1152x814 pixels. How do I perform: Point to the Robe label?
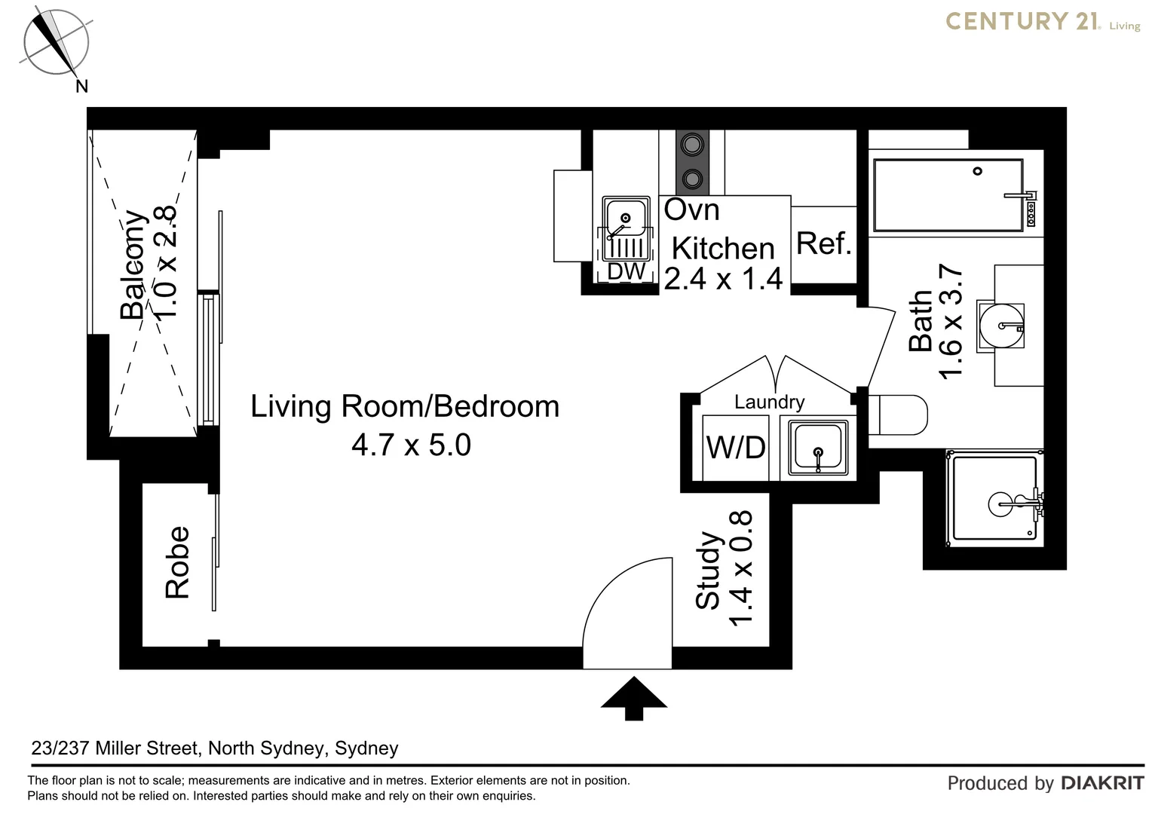coord(177,562)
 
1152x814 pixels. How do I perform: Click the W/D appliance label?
coord(735,448)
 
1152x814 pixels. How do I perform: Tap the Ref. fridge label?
coord(824,243)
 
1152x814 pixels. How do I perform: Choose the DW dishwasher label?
coord(627,271)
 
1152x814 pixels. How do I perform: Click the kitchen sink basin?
coord(626,218)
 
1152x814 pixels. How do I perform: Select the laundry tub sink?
coord(818,448)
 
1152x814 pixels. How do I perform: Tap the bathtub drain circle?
coord(978,171)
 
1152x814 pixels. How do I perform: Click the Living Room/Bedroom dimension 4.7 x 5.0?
coord(411,445)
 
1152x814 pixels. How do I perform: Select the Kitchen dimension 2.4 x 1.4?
coord(723,279)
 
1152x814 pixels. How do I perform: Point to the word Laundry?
coord(769,402)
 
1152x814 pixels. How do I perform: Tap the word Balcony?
coord(133,265)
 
